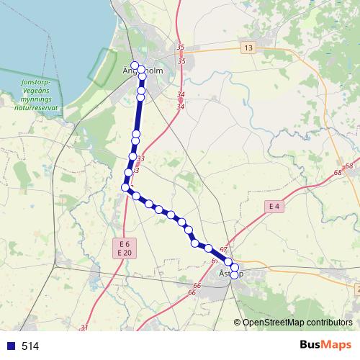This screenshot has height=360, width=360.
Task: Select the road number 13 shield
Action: click(x=248, y=48)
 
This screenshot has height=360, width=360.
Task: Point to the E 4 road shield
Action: click(x=273, y=207)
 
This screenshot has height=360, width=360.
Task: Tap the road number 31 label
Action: click(x=84, y=328)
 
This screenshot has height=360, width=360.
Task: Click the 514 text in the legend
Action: click(x=30, y=346)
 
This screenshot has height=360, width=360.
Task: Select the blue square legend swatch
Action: click(x=12, y=346)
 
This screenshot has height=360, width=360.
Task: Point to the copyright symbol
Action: click(x=238, y=323)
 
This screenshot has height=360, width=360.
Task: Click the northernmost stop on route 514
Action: click(x=135, y=66)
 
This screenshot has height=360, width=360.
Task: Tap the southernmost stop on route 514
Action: click(x=234, y=274)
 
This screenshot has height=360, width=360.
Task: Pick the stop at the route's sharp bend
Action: click(x=125, y=187)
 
